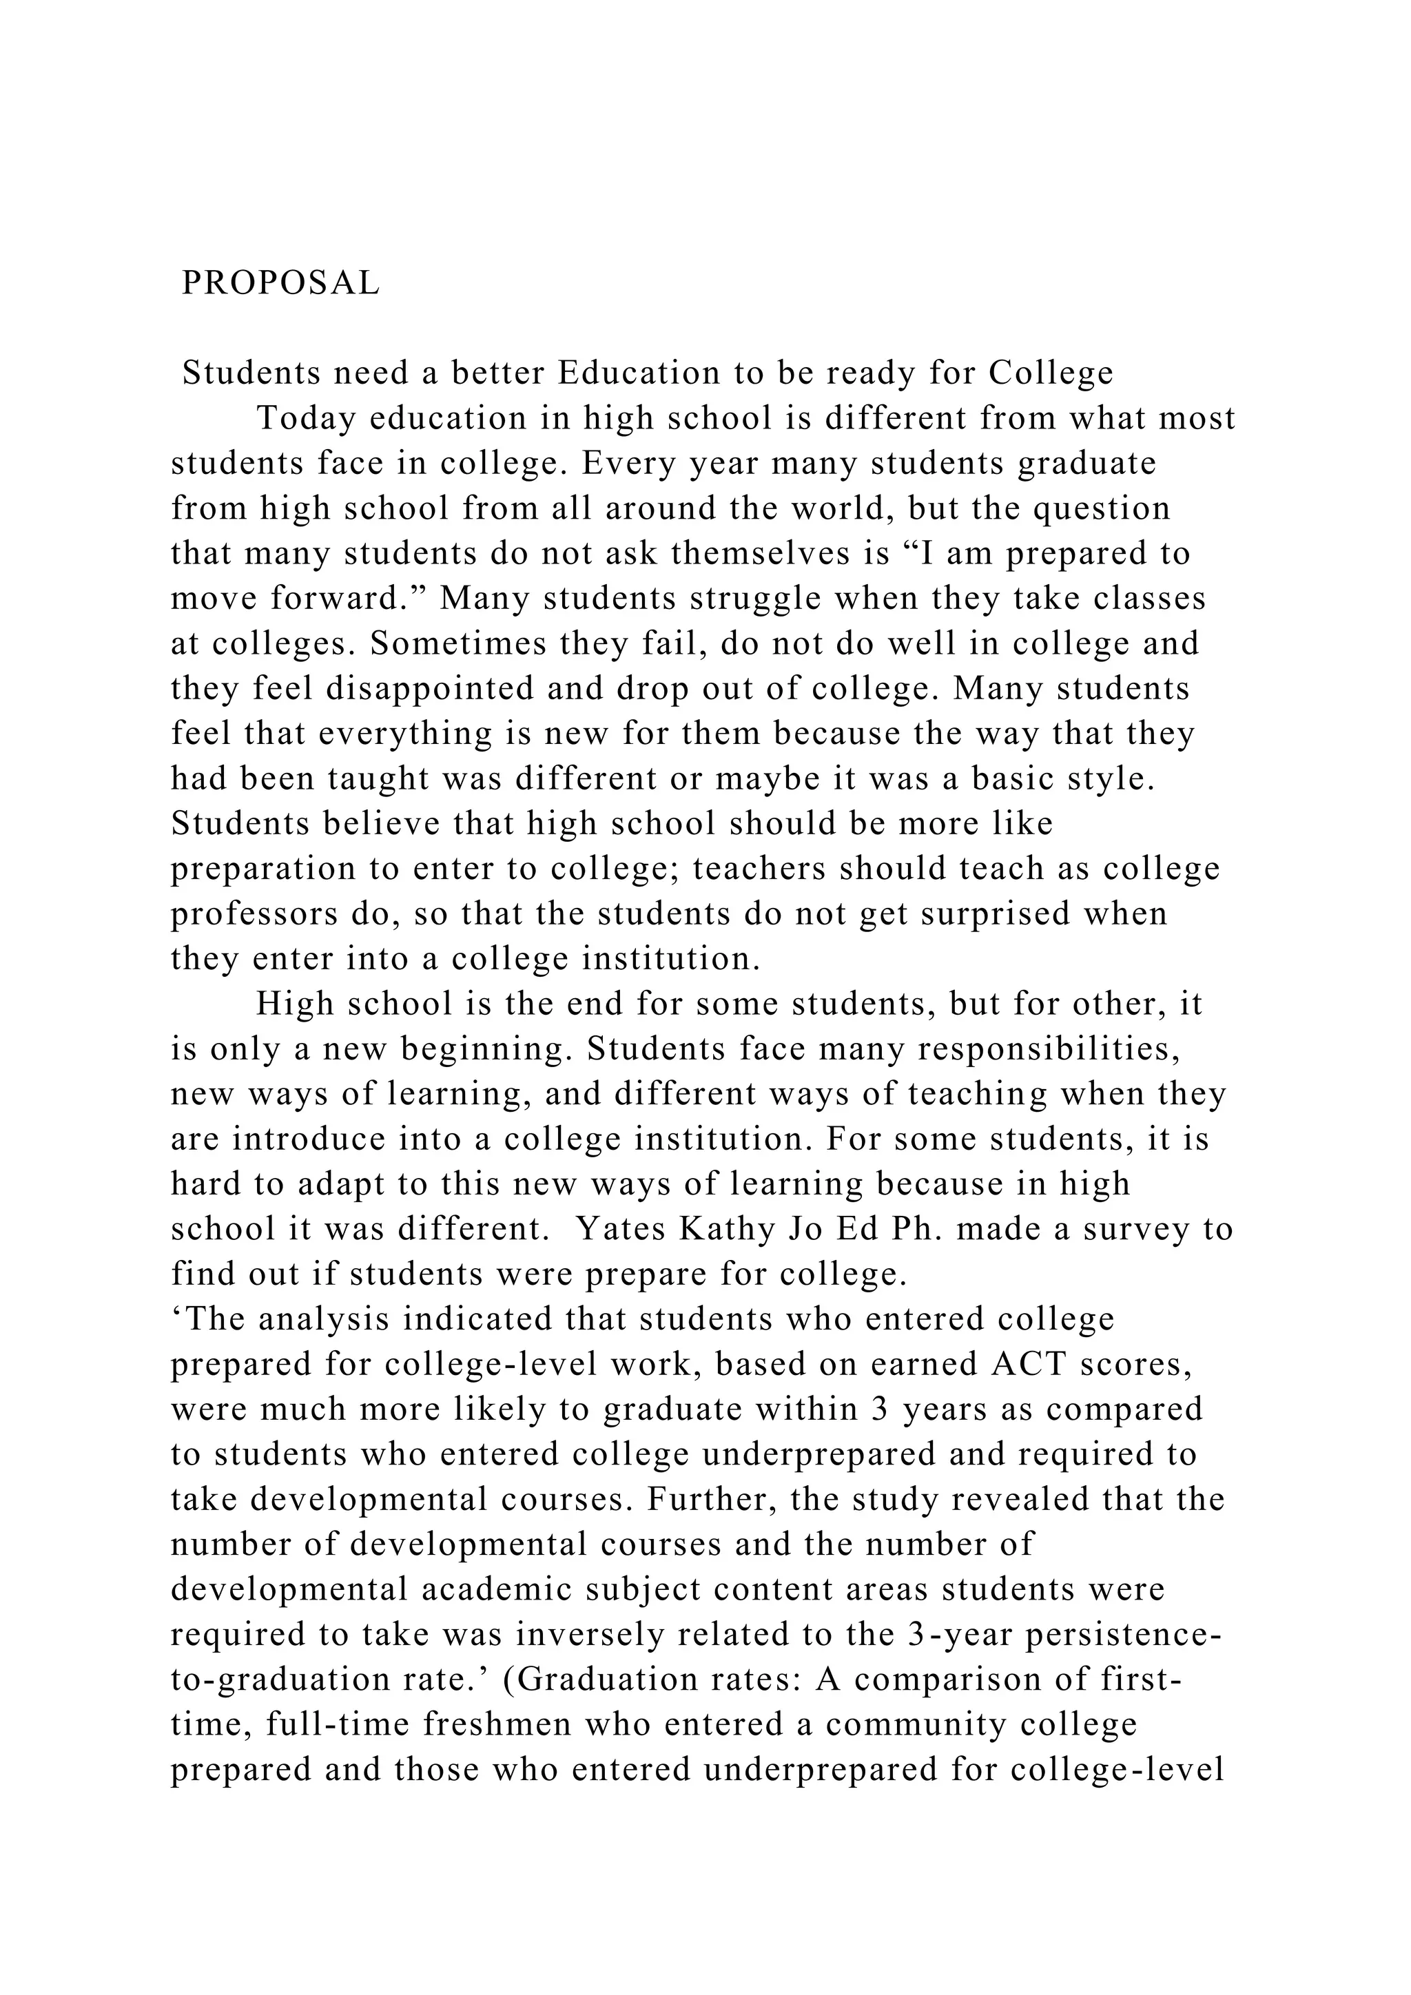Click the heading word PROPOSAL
(280, 282)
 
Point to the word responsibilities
(1049, 1050)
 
